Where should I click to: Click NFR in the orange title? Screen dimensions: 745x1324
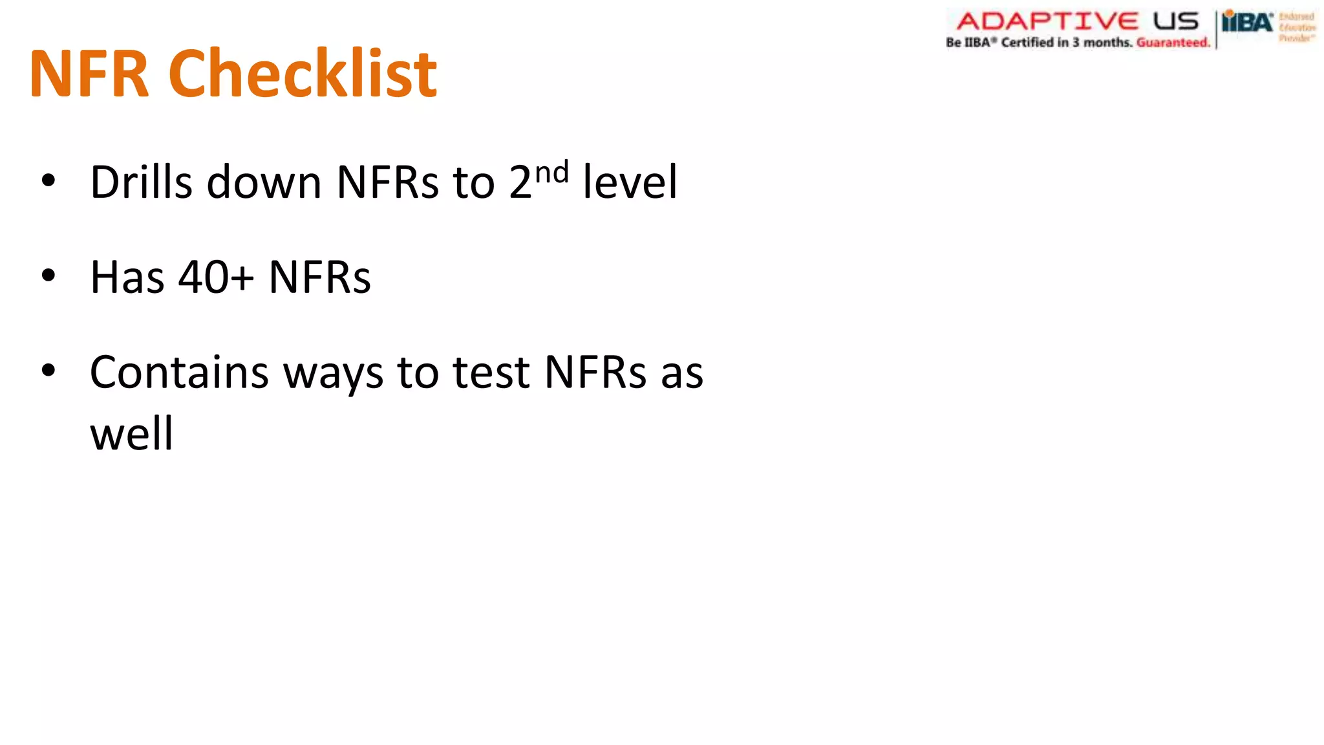tap(89, 75)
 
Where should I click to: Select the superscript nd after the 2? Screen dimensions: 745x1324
tap(551, 173)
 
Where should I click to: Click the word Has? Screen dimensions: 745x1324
tap(127, 277)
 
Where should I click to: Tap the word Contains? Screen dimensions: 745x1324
tap(179, 372)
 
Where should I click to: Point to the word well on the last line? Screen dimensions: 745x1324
tap(131, 433)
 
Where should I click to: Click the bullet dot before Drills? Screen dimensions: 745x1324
tap(48, 180)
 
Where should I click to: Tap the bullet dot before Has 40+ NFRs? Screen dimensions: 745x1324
tap(48, 276)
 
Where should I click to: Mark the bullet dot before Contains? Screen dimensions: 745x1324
tap(48, 371)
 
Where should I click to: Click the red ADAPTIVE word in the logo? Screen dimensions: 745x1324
tap(1047, 21)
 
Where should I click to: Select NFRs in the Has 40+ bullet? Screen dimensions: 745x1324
tap(319, 277)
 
